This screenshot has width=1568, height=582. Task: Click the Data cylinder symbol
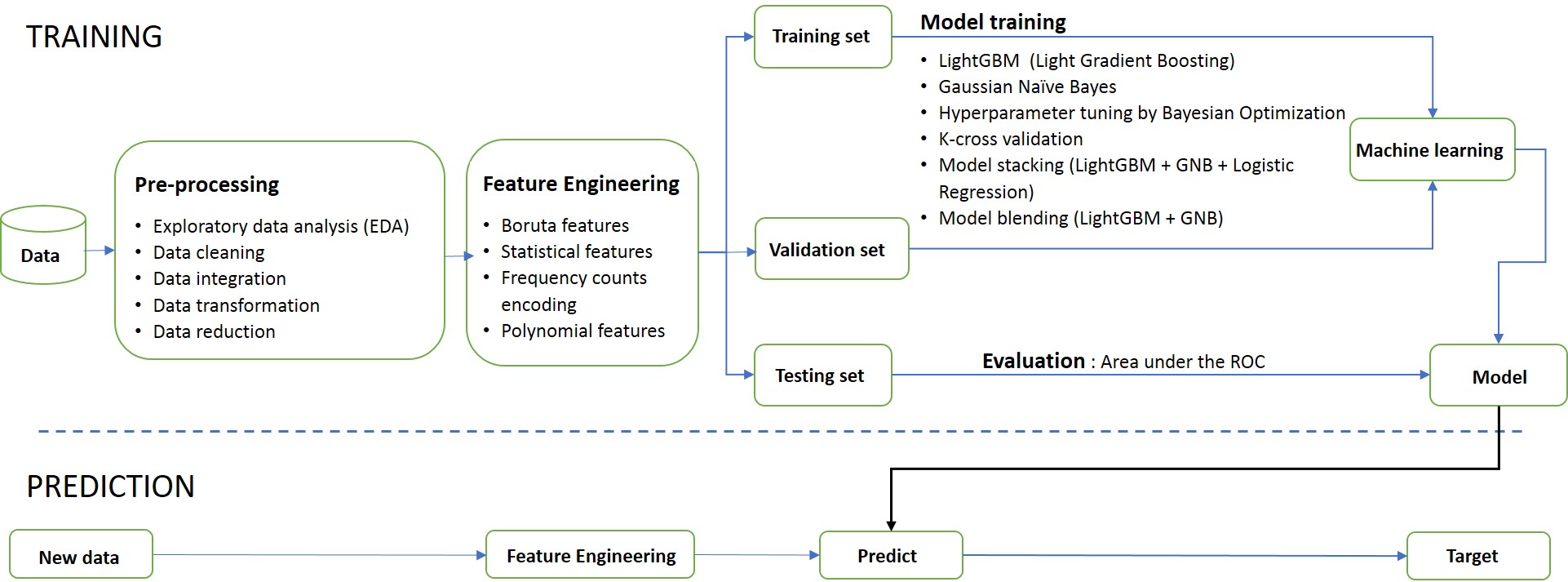(43, 245)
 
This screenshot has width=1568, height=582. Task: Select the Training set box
(822, 37)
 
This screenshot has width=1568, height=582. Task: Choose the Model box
(1498, 376)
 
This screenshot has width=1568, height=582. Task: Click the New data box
(81, 556)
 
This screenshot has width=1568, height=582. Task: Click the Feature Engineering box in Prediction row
(590, 556)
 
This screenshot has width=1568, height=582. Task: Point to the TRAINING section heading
(94, 37)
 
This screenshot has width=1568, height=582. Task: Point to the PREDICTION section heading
(110, 486)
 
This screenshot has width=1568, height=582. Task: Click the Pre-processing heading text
(206, 184)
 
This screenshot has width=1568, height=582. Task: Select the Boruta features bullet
(565, 225)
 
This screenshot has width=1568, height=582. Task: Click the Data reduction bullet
(214, 331)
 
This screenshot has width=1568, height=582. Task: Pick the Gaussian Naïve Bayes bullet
(1026, 87)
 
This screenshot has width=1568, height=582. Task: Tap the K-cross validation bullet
(1010, 139)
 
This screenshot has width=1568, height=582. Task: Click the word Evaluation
(1033, 361)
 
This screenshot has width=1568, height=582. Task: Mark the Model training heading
(993, 22)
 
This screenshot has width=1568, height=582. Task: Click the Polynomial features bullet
(582, 331)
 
